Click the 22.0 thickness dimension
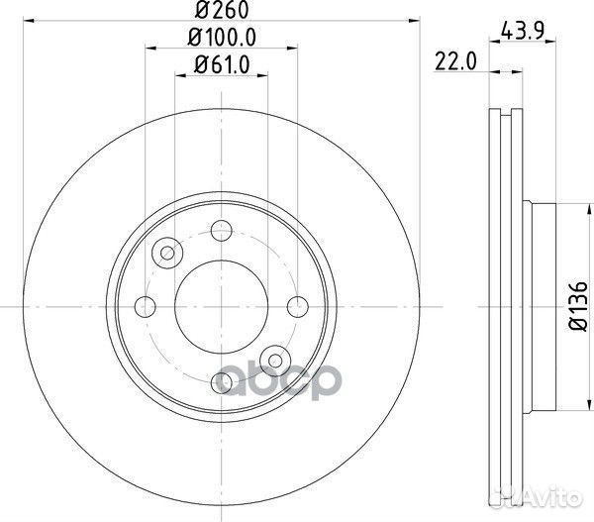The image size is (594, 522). coord(455,61)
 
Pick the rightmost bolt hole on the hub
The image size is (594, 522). coord(297,305)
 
